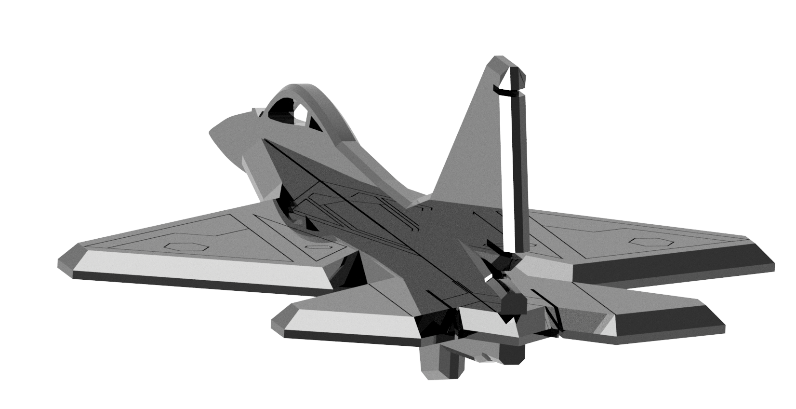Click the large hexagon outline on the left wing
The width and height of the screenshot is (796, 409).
pos(184,245)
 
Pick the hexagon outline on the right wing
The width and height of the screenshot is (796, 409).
pos(645,241)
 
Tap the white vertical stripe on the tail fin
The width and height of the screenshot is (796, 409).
pos(506,169)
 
